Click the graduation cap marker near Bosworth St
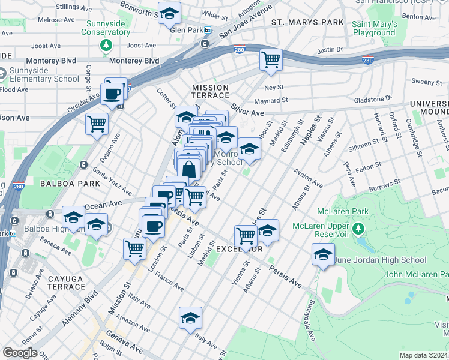(x=170, y=13)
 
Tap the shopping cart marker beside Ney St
(x=271, y=60)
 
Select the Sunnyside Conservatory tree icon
(x=107, y=45)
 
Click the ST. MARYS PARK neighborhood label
(x=307, y=22)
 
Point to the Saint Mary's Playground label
(x=375, y=29)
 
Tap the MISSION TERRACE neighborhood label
(x=210, y=91)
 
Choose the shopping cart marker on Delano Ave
(x=97, y=124)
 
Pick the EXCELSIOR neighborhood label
(x=239, y=248)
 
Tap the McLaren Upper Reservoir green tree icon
(x=358, y=229)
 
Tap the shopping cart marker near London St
(x=135, y=248)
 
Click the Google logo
(x=20, y=353)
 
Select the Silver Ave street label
(x=248, y=112)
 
